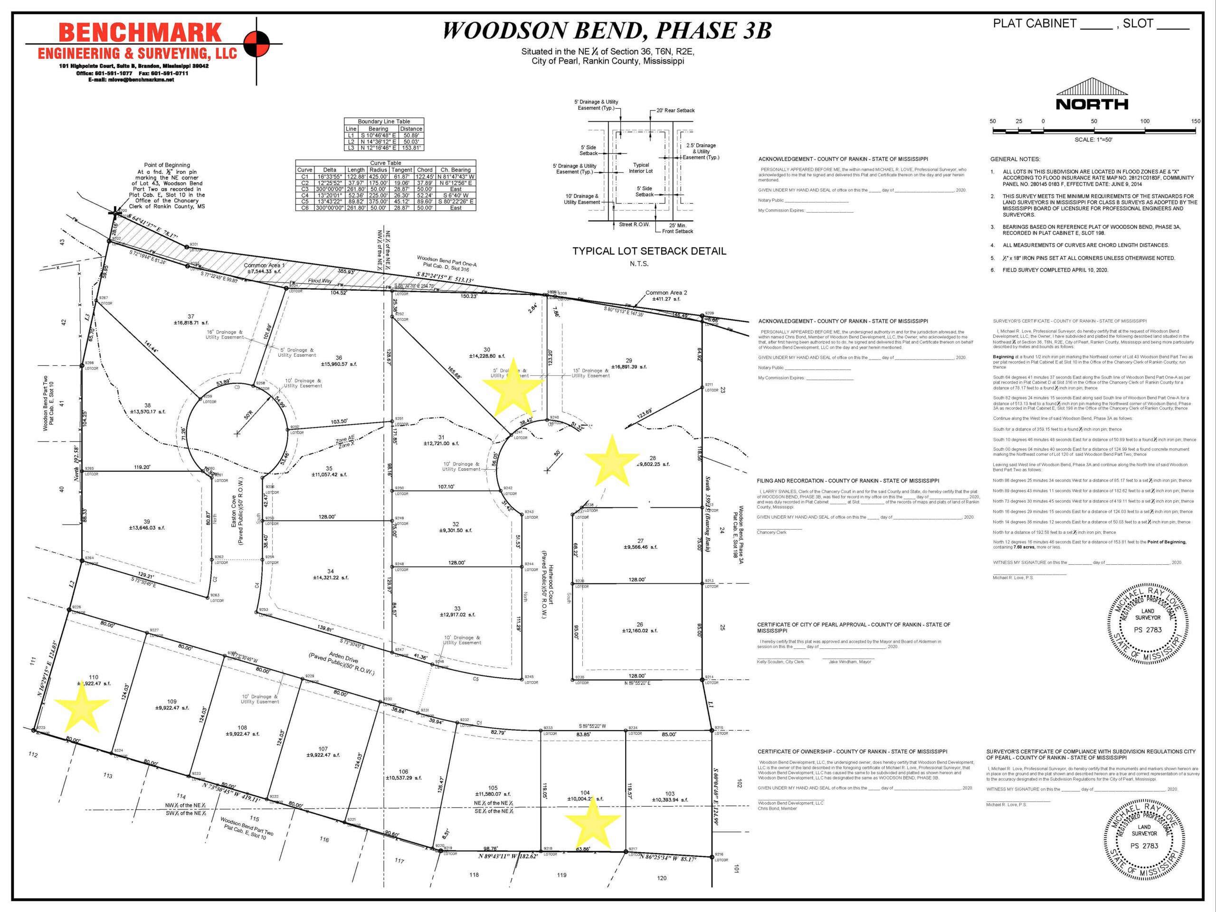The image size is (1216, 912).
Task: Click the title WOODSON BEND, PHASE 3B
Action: [607, 31]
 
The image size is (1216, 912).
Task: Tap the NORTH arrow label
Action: [1092, 104]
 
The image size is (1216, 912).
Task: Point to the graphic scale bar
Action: [1093, 130]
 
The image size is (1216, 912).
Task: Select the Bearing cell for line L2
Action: [378, 141]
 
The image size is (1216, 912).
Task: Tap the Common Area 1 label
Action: [265, 268]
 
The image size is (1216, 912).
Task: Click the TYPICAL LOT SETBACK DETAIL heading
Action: [649, 251]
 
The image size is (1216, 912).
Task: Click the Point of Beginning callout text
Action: [167, 186]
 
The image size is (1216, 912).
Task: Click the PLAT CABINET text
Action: [1034, 24]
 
